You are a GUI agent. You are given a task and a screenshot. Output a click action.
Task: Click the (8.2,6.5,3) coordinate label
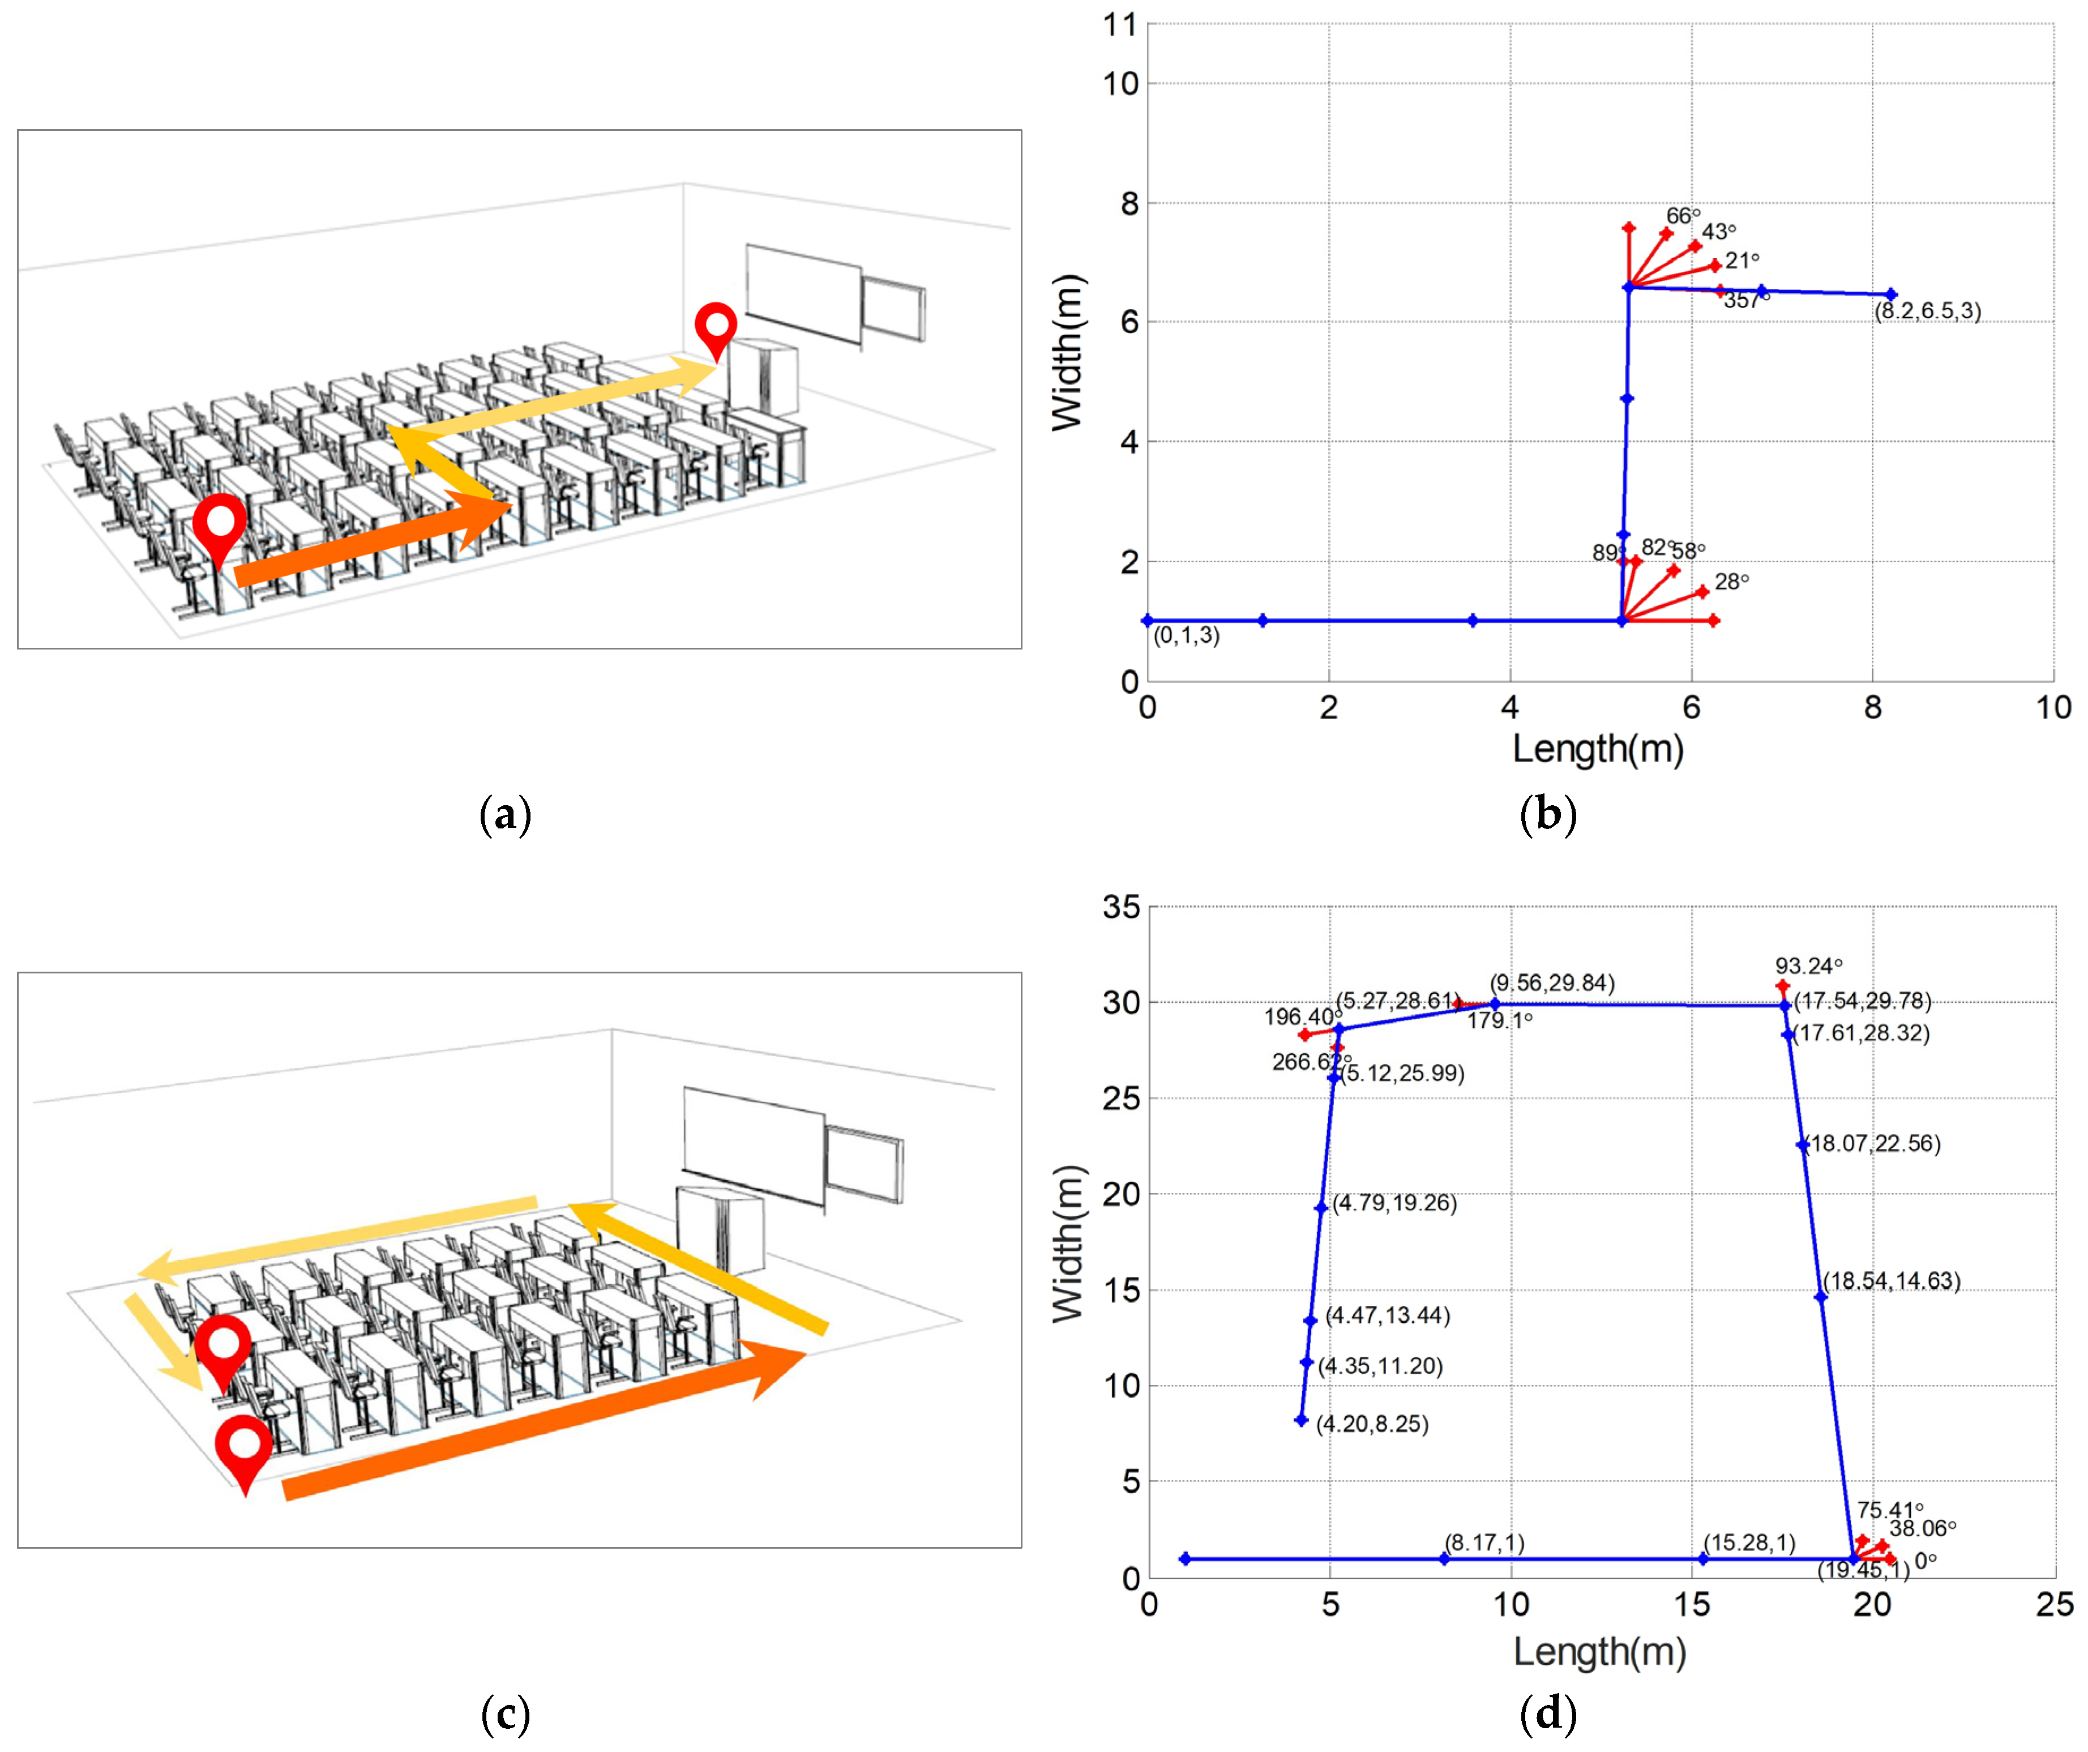(x=1927, y=311)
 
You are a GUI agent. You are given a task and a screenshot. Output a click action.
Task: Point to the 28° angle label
(x=1731, y=582)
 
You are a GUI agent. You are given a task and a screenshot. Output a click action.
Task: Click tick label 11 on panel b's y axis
(x=1120, y=25)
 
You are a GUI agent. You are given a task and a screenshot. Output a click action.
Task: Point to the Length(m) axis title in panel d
(x=1599, y=1652)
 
